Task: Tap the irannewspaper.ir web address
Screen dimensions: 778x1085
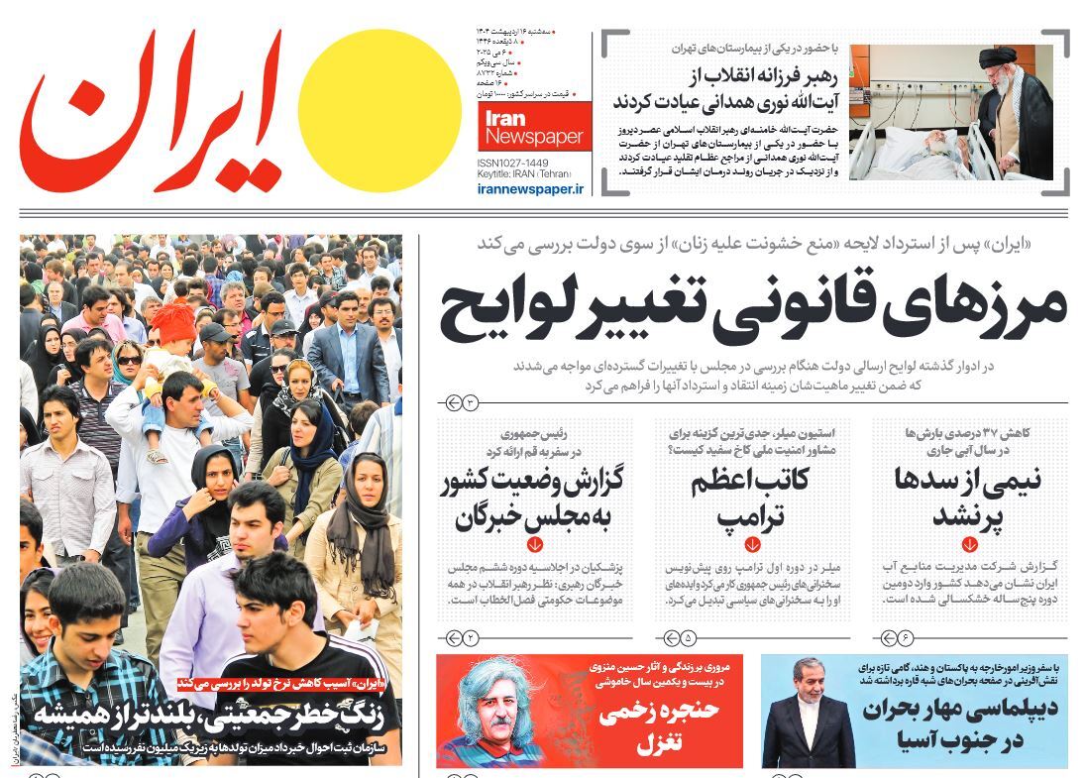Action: coord(530,187)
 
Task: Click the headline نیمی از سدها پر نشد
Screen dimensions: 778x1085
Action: coord(968,499)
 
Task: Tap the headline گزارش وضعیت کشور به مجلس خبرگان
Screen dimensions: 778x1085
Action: coord(536,499)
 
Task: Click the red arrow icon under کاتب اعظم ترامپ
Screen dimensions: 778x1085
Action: coord(752,544)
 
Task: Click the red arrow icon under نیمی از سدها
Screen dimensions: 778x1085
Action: coord(968,544)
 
